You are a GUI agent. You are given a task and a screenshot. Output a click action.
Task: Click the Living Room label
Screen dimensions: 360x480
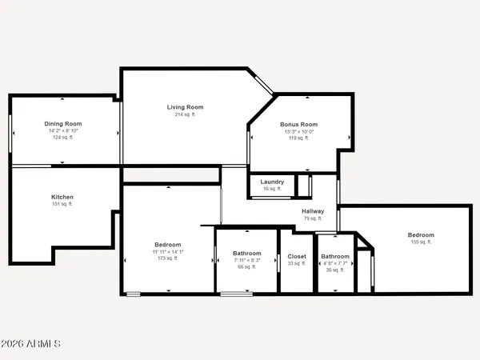[185, 107]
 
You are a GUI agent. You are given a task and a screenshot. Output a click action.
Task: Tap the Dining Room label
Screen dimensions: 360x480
[62, 124]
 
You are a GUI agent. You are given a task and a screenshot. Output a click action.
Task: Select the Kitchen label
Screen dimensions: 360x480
[62, 197]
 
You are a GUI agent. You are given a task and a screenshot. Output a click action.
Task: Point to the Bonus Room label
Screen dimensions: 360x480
[298, 125]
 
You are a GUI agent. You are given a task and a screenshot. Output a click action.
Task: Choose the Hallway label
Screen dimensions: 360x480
[313, 211]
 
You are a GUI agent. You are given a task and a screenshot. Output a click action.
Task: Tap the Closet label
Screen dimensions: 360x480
[296, 257]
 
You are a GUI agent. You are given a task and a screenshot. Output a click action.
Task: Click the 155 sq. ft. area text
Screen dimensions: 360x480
[421, 242]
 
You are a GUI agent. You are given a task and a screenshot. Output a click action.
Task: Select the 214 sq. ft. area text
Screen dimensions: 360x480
[185, 114]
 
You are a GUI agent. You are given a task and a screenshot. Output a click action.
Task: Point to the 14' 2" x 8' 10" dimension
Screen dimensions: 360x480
[62, 131]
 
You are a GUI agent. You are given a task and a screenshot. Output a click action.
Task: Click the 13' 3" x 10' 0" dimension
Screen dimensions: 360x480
[298, 132]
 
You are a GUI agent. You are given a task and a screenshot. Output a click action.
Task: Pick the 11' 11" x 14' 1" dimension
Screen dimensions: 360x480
[168, 252]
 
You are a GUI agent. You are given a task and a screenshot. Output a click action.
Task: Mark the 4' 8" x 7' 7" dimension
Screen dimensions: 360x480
[335, 263]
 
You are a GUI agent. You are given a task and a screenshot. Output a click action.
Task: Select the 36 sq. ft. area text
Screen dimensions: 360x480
[335, 270]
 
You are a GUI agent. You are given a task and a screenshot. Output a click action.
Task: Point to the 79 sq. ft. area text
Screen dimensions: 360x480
[313, 218]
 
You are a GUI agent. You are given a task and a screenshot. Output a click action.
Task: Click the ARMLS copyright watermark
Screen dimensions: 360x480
[31, 345]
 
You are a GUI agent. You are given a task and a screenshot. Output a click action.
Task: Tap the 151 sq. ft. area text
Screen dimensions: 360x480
[62, 204]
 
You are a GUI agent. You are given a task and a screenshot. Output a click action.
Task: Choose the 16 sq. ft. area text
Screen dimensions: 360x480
[273, 190]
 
